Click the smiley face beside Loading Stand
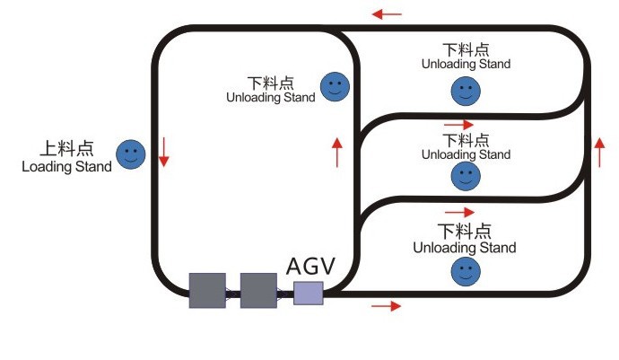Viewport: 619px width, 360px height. pyautogui.click(x=131, y=154)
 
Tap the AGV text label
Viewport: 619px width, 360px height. pyautogui.click(x=310, y=266)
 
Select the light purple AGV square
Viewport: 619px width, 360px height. pyautogui.click(x=309, y=294)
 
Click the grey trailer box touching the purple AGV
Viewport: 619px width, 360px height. pyautogui.click(x=258, y=291)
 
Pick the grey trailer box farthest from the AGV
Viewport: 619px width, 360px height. pyautogui.click(x=207, y=291)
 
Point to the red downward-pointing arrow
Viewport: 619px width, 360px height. pyautogui.click(x=164, y=152)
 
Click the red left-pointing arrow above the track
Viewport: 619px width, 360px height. pyautogui.click(x=387, y=14)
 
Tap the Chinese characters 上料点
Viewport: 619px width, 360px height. pyautogui.click(x=66, y=148)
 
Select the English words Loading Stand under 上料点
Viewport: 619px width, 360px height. pyautogui.click(x=66, y=166)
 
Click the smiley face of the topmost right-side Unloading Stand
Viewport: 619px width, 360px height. pyautogui.click(x=466, y=92)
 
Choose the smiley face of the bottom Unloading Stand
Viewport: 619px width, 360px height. pyautogui.click(x=466, y=271)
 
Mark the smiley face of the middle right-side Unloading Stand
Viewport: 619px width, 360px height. pyautogui.click(x=466, y=176)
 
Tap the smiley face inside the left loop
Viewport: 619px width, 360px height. pyautogui.click(x=335, y=86)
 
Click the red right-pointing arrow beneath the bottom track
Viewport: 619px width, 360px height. pyautogui.click(x=386, y=306)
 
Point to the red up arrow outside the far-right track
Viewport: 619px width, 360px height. pyautogui.click(x=599, y=153)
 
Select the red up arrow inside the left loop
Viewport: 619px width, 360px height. pyautogui.click(x=337, y=153)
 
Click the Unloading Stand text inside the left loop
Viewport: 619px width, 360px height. pyautogui.click(x=271, y=97)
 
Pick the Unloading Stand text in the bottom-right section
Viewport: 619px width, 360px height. pyautogui.click(x=465, y=248)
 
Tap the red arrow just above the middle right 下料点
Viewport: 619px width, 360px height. pyautogui.click(x=458, y=125)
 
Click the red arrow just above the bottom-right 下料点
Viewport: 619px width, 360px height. pyautogui.click(x=459, y=212)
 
